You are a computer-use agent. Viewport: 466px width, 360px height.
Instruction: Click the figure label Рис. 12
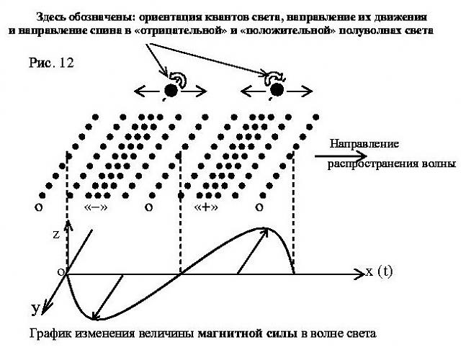(51, 63)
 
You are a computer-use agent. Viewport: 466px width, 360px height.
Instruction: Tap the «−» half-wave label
(96, 207)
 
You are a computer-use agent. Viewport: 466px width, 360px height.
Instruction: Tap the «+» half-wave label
(206, 207)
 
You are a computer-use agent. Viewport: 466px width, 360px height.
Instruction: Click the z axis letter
(56, 234)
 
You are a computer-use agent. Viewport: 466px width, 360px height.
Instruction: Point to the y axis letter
(35, 310)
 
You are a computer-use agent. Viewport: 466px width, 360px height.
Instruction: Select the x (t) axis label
(379, 271)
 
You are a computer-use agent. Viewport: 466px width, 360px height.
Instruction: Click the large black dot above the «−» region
(171, 90)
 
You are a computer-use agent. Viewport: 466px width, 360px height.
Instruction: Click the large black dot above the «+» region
(277, 90)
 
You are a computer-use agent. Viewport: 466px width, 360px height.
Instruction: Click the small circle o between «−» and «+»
(148, 207)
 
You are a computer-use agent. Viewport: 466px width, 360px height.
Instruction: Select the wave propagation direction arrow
(341, 156)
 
